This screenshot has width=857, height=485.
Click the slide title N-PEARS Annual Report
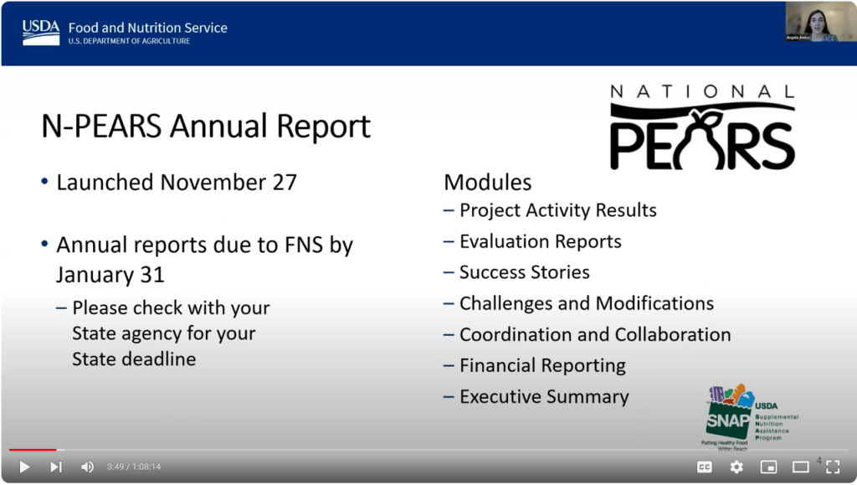(206, 126)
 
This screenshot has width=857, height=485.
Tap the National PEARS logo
(701, 127)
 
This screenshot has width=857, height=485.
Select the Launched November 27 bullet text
(176, 182)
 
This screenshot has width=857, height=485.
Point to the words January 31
(110, 274)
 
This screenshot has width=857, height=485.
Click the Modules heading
(487, 182)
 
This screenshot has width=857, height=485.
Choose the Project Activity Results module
(557, 210)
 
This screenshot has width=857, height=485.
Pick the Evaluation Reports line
(540, 241)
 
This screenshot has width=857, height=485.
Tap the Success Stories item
(524, 272)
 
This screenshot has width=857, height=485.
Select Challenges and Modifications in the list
(586, 303)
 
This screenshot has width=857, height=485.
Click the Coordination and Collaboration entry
(594, 334)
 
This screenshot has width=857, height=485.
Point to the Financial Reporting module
(541, 365)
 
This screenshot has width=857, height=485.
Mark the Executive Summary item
(543, 396)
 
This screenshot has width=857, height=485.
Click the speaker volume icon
(87, 467)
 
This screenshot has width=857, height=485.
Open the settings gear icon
(736, 467)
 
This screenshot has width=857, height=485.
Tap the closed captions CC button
(705, 467)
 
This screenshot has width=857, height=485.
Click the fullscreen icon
(833, 467)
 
